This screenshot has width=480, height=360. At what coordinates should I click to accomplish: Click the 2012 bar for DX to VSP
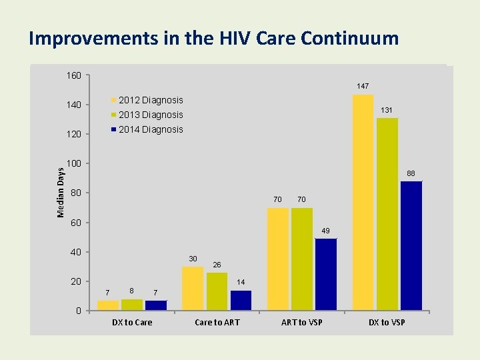pos(363,202)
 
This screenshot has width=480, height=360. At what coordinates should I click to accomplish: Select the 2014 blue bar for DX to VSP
pos(411,245)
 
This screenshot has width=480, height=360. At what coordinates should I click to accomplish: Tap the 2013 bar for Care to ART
pos(217,291)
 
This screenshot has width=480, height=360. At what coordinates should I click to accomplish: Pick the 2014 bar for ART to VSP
pos(326,274)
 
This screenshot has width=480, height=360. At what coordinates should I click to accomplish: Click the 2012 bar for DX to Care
pos(108,305)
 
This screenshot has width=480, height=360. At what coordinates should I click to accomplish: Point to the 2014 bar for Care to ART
pos(241,300)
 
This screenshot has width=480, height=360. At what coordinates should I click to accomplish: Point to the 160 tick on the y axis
pos(73,75)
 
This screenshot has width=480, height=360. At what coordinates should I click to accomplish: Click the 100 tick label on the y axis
pos(73,164)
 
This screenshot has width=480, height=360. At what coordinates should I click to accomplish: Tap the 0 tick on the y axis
pos(78,311)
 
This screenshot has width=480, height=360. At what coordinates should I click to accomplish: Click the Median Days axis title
pos(61,193)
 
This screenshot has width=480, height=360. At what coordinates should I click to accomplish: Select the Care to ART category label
pos(217,323)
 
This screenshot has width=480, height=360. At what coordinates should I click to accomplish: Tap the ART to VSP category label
pos(302,323)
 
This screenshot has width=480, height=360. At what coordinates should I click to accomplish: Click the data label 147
pos(363,86)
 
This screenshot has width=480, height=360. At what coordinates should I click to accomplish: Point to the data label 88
pos(411,173)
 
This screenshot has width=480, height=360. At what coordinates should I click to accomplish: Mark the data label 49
pos(325,231)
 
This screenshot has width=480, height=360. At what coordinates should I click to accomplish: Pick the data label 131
pos(387,110)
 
